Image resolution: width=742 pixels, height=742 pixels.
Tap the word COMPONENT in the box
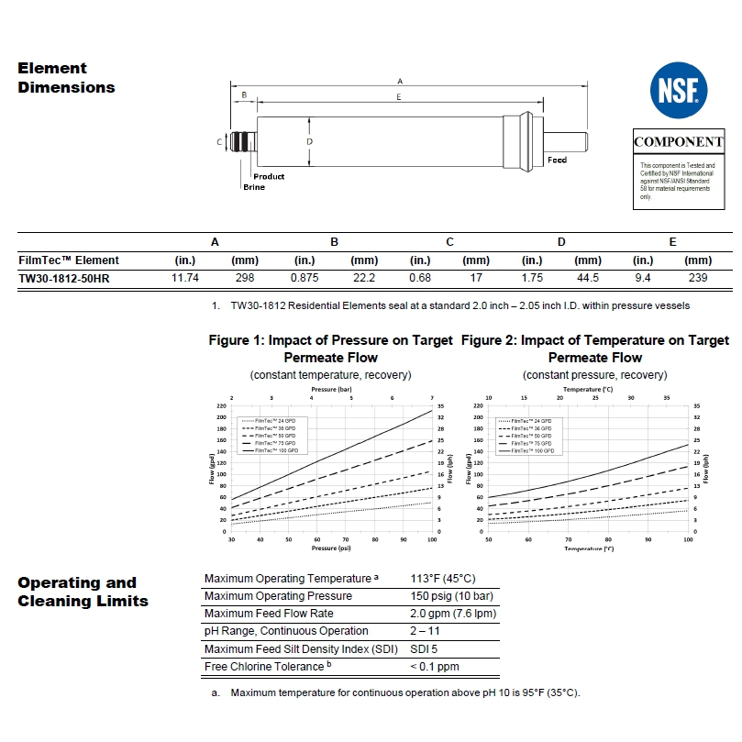tap(679, 142)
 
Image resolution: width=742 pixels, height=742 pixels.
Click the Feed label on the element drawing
tap(557, 160)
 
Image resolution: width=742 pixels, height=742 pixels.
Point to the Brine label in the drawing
tap(254, 187)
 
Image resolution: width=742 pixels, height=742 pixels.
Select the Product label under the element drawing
tap(269, 176)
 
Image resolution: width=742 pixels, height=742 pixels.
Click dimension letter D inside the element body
tap(310, 142)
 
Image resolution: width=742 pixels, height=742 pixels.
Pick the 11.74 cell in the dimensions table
tap(186, 277)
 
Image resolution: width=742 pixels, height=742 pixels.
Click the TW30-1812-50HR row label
tap(64, 277)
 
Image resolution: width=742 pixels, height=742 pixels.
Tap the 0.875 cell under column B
tap(305, 277)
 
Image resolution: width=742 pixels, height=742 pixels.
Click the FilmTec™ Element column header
tap(69, 260)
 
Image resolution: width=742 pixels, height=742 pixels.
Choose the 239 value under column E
tap(698, 277)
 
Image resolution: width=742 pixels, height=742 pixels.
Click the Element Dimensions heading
tap(66, 78)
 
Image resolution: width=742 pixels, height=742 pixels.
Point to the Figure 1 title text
tap(330, 349)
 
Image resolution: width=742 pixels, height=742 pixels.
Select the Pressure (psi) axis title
tap(331, 548)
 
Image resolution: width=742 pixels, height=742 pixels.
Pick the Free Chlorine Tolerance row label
tap(264, 667)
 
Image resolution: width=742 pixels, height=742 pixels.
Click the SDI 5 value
tap(425, 648)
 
